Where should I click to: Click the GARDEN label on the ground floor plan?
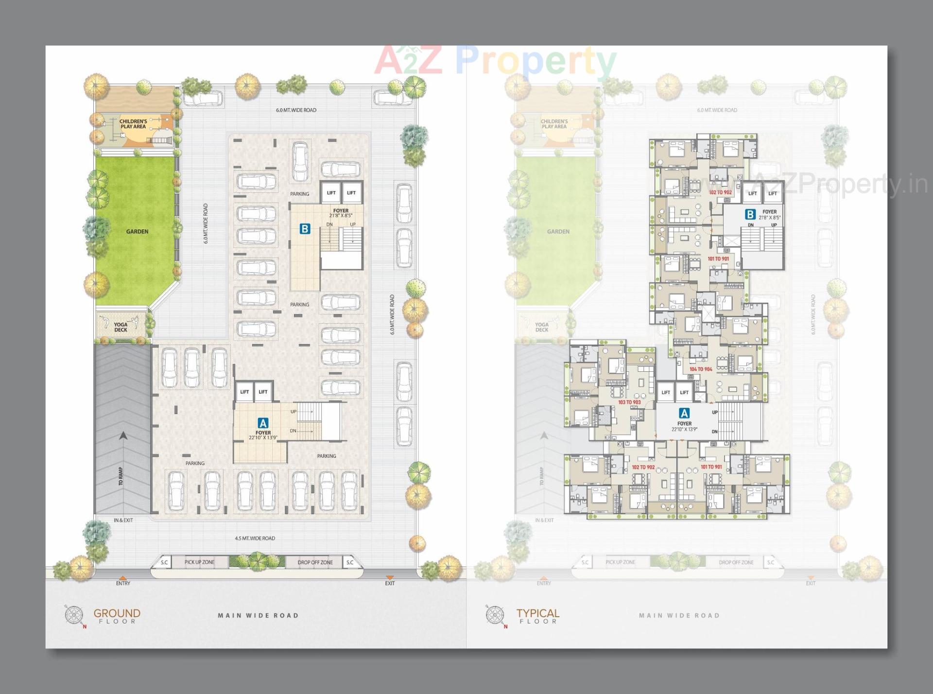click(x=137, y=232)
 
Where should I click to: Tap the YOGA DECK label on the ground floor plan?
click(x=121, y=327)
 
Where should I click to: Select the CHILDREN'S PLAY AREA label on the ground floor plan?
click(x=133, y=124)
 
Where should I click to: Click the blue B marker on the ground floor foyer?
click(x=305, y=228)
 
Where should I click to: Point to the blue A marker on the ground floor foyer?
click(x=263, y=423)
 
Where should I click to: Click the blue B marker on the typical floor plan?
click(x=750, y=214)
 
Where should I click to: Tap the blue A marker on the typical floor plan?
click(x=684, y=414)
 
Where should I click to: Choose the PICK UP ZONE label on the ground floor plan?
click(x=199, y=562)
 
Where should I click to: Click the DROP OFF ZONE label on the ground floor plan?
click(x=315, y=562)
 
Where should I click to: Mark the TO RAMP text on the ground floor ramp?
click(x=121, y=476)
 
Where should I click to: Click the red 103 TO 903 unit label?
click(x=629, y=402)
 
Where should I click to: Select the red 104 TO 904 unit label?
click(x=701, y=369)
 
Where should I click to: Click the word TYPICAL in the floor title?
click(x=537, y=613)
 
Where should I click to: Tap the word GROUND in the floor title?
click(x=117, y=613)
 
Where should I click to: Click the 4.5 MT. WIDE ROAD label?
click(x=255, y=538)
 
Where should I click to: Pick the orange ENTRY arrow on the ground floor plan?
click(x=123, y=578)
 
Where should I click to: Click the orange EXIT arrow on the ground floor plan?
click(x=390, y=578)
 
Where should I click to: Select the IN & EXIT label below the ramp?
click(x=123, y=520)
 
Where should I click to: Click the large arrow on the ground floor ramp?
click(x=123, y=436)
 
